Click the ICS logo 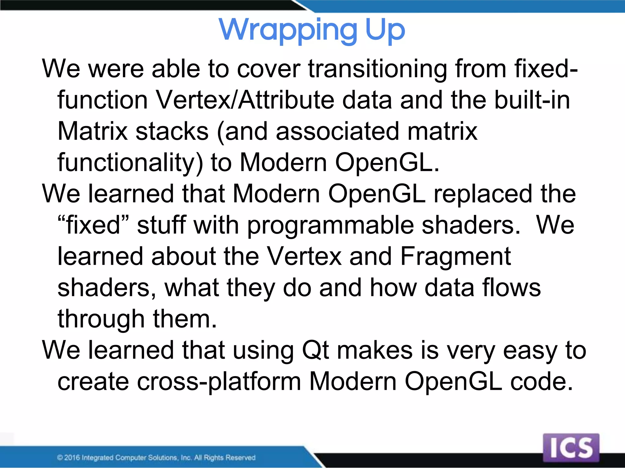[x=571, y=448]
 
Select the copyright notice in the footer [x=156, y=457]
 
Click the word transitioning [x=378, y=69]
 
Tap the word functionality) [x=130, y=163]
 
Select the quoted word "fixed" [x=93, y=225]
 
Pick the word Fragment [x=455, y=256]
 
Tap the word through [x=101, y=319]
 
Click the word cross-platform [x=219, y=382]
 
